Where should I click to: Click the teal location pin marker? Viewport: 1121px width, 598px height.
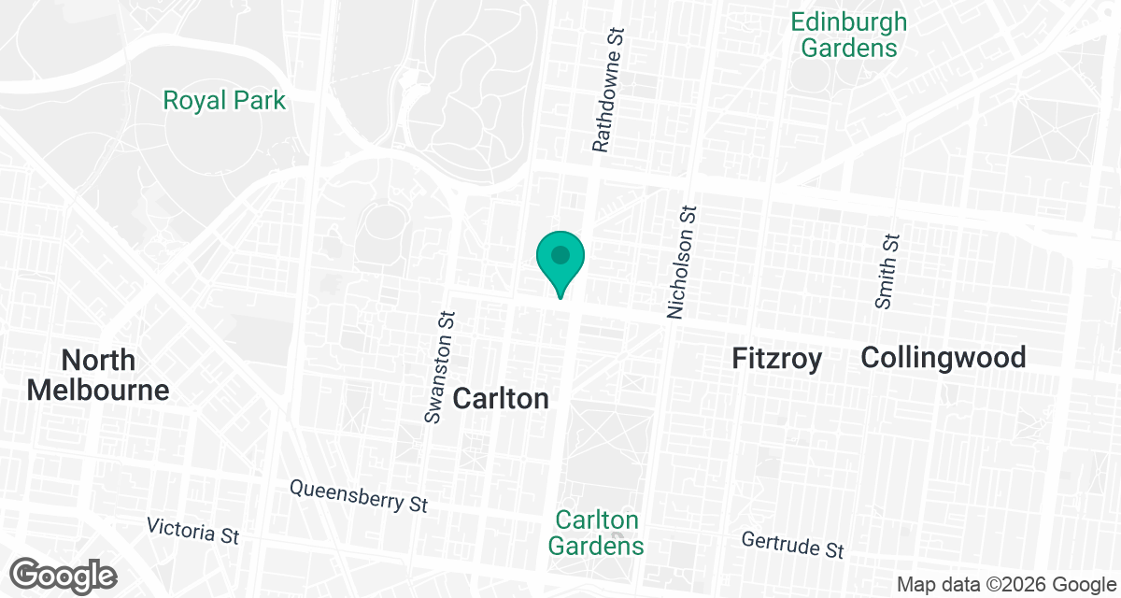[560, 262]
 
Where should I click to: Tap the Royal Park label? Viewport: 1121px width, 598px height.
[224, 100]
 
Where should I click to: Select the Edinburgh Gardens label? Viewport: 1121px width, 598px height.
[848, 35]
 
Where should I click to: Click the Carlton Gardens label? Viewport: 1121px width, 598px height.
[596, 533]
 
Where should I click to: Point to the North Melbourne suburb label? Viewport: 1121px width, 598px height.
[98, 375]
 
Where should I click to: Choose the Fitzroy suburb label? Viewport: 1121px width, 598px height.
[776, 358]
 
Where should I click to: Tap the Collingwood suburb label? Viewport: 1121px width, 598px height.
[944, 357]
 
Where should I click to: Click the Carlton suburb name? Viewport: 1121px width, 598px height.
[500, 399]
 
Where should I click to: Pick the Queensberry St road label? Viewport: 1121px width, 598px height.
[359, 496]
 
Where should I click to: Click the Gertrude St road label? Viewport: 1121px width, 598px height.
[793, 544]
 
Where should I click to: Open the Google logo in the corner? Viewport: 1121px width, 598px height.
[64, 575]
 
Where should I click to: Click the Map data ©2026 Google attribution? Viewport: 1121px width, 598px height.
[1004, 584]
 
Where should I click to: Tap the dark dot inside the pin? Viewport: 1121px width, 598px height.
[560, 254]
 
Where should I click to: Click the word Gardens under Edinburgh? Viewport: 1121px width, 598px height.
[848, 48]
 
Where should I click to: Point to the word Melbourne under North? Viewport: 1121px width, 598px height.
[98, 390]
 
